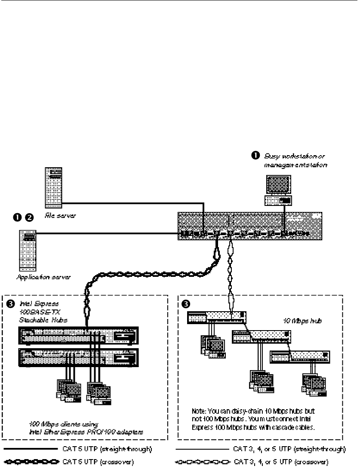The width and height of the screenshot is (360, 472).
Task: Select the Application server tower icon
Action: tap(27, 249)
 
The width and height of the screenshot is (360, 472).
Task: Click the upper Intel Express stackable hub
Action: tap(78, 335)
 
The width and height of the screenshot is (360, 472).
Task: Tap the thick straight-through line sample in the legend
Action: tap(30, 450)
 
